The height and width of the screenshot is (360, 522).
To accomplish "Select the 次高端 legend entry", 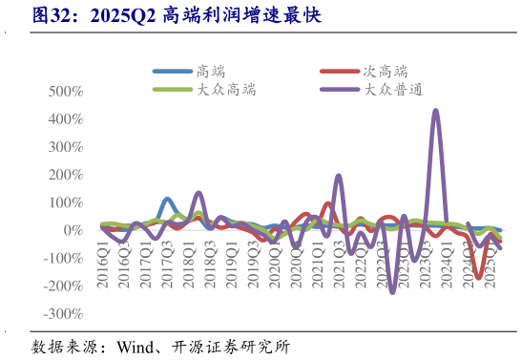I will pos(385,71).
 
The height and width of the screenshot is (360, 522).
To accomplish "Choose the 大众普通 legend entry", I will pos(392,89).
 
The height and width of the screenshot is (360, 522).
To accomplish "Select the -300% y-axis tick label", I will pos(62,314).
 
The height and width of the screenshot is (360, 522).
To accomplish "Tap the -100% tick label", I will pos(62,259).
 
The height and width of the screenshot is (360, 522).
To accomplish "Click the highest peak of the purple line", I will pos(436,111).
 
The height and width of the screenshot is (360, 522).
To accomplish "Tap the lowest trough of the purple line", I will pos(392,292).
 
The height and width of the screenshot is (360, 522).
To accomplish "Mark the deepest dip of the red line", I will pos(479,278).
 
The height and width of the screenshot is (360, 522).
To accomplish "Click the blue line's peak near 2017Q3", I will pos(167,200).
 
